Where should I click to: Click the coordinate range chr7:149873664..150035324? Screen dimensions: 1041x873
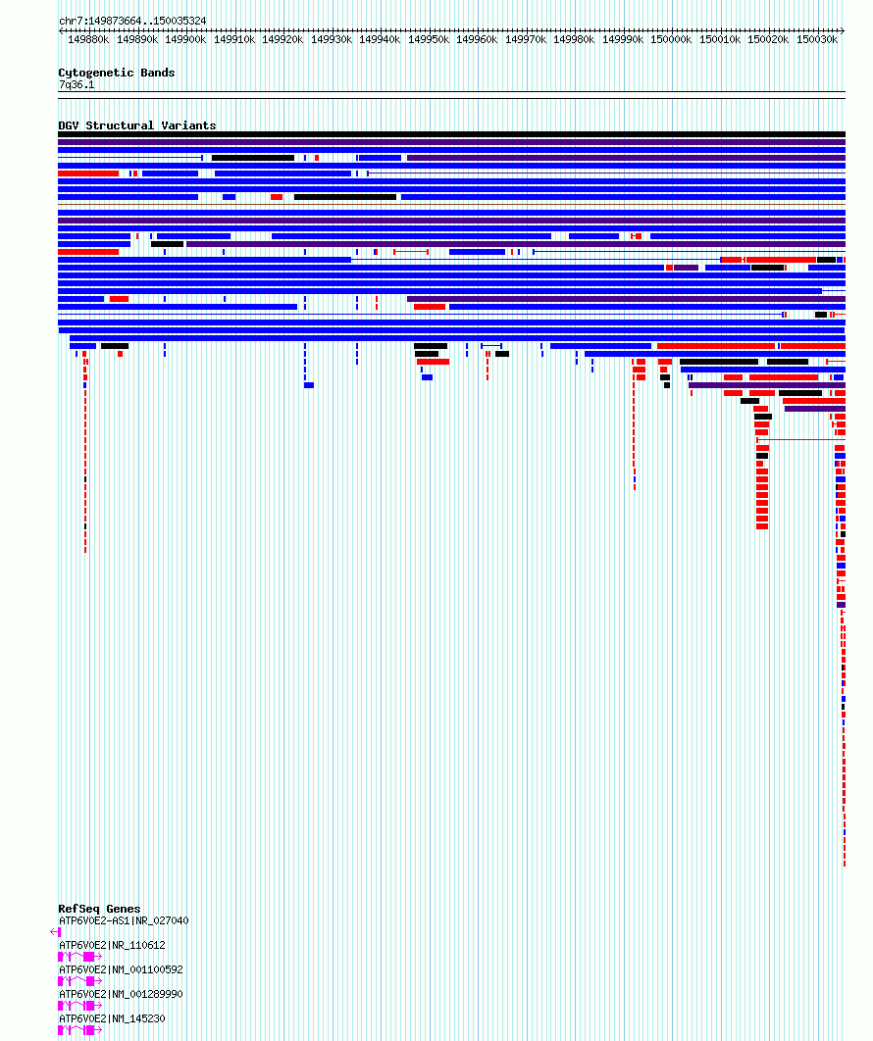click(x=132, y=21)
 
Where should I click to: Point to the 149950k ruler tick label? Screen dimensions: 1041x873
click(x=428, y=39)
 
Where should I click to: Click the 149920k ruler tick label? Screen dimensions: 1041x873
click(x=282, y=39)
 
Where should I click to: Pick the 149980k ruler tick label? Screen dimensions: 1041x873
click(x=574, y=39)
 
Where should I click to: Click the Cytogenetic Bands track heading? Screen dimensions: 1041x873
click(x=117, y=73)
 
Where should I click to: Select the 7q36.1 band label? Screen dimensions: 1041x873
click(x=77, y=85)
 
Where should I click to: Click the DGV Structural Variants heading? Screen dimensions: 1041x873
click(x=137, y=125)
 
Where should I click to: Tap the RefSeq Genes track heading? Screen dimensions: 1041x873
click(x=99, y=909)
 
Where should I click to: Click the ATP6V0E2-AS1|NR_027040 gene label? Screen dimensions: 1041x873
click(x=124, y=920)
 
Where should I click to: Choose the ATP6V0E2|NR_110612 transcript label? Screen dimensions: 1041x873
click(x=112, y=945)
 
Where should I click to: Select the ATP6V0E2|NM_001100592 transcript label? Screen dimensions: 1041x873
click(x=121, y=969)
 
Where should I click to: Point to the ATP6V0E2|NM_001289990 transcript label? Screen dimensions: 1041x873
click(x=121, y=994)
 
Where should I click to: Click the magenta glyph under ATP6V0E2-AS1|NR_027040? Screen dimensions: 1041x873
click(x=56, y=932)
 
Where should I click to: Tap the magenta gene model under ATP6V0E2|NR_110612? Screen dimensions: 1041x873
click(x=79, y=956)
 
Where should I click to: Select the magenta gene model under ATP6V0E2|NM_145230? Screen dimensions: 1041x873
click(x=79, y=1029)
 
